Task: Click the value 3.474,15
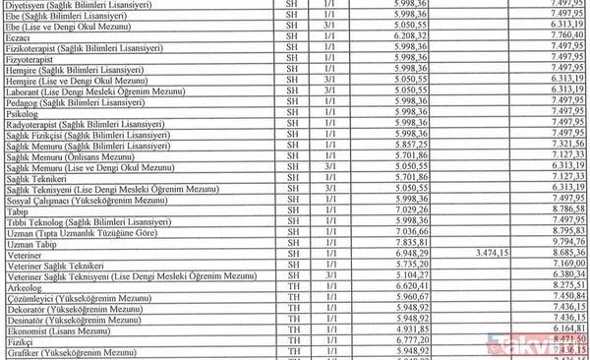(495, 253)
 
